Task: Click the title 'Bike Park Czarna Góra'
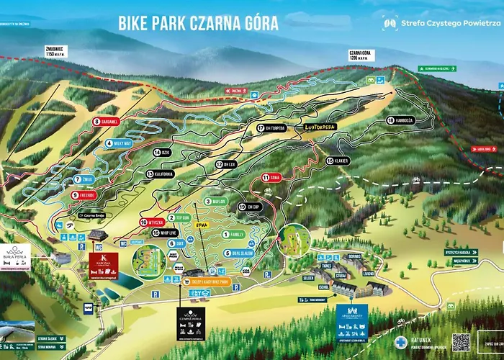click(198, 22)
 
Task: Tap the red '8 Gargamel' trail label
click(106, 122)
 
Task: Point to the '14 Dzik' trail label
click(162, 153)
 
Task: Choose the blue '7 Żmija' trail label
click(84, 179)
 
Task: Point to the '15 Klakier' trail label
click(338, 161)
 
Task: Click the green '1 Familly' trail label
click(235, 235)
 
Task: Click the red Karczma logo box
click(102, 265)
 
